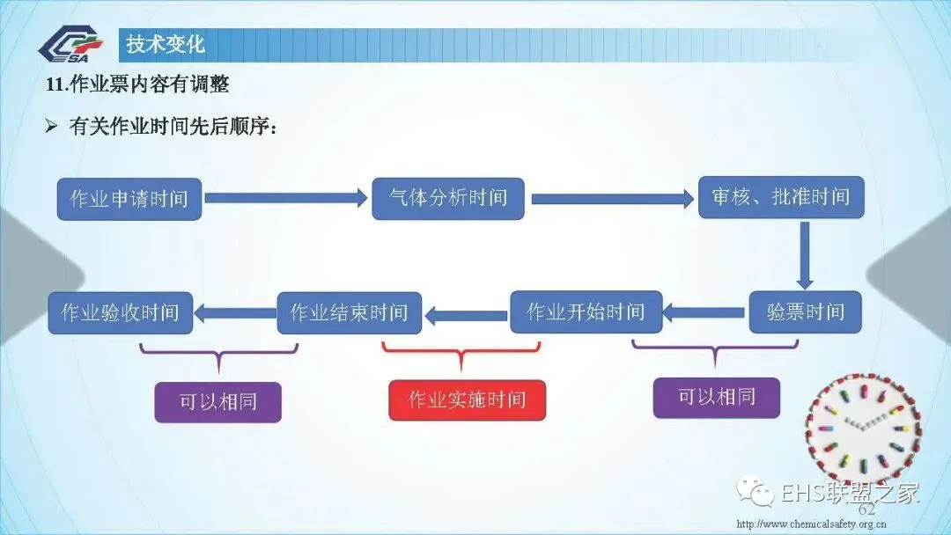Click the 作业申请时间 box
pyautogui.click(x=129, y=199)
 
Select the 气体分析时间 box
pyautogui.click(x=448, y=198)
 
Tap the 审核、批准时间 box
pyautogui.click(x=781, y=197)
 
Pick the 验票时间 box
pyautogui.click(x=806, y=312)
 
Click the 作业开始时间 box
pyautogui.click(x=586, y=312)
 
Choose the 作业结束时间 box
pyautogui.click(x=350, y=313)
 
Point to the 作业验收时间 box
pyautogui.click(x=121, y=313)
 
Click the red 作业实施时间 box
pyautogui.click(x=467, y=399)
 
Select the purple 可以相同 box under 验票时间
pyautogui.click(x=716, y=398)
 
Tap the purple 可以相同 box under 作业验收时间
pyautogui.click(x=217, y=402)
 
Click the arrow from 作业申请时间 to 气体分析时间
pyautogui.click(x=286, y=198)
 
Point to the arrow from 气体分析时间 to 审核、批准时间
pyautogui.click(x=613, y=199)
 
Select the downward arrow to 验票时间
pyautogui.click(x=805, y=255)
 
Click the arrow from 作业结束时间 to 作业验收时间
pyautogui.click(x=235, y=313)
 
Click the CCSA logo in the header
pyautogui.click(x=71, y=44)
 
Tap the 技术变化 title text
pyautogui.click(x=166, y=44)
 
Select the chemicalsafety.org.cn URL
pyautogui.click(x=812, y=524)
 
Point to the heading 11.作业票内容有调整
pyautogui.click(x=137, y=84)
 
